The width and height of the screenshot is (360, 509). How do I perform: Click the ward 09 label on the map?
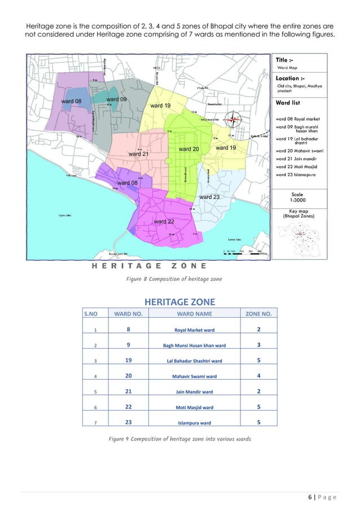pos(116,100)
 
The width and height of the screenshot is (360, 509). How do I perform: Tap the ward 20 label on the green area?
pos(188,148)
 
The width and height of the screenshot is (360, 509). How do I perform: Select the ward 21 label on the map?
pos(139,153)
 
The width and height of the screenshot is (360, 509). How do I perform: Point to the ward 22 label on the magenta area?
pos(164,221)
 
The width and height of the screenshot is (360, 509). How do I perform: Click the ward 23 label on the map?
pos(209,196)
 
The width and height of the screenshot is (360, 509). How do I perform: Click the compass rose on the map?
pos(233,119)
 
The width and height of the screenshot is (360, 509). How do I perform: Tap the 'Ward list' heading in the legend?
pos(291,103)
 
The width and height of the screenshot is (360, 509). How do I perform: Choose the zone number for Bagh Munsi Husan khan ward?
pos(258,344)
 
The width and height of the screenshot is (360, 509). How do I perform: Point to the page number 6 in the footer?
pos(315,497)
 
